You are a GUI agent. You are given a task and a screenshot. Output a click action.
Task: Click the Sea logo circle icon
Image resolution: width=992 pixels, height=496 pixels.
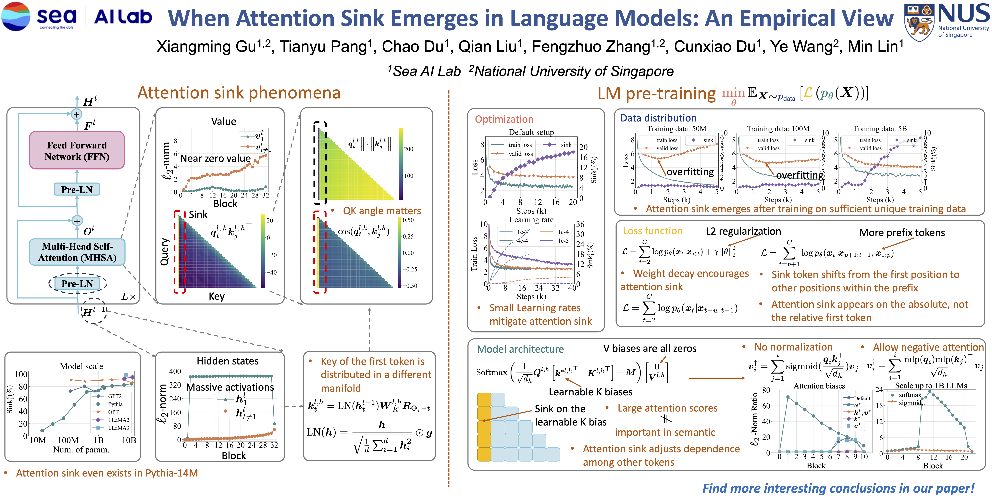click(x=15, y=16)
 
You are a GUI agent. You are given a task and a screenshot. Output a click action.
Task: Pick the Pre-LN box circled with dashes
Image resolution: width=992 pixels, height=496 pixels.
click(x=77, y=284)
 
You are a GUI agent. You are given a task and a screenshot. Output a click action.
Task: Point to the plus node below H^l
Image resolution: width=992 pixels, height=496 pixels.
click(x=77, y=114)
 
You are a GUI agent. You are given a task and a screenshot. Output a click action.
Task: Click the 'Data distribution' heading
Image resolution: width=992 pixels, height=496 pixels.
click(x=658, y=118)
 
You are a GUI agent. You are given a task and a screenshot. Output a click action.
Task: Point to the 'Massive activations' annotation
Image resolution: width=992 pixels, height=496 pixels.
click(x=230, y=387)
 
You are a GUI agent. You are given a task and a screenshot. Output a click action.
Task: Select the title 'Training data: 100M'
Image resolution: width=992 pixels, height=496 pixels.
click(x=778, y=129)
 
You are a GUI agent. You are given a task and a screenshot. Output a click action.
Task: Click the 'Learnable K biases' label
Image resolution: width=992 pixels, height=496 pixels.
click(x=590, y=392)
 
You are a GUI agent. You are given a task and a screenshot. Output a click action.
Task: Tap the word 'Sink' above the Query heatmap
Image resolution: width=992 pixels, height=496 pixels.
click(x=198, y=215)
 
